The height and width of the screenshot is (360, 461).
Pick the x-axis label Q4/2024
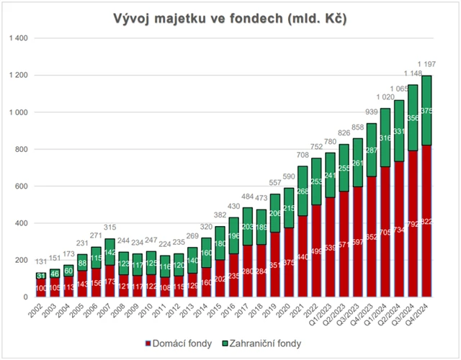426,314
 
